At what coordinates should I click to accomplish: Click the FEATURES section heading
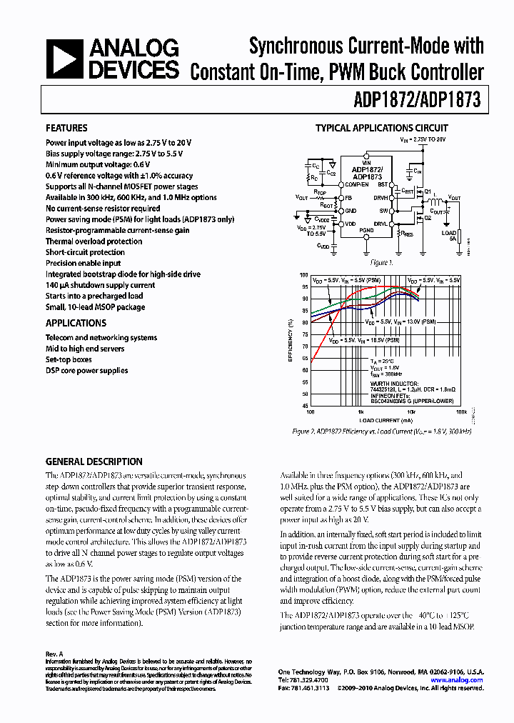click(x=66, y=129)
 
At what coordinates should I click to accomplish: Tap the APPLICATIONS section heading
click(x=76, y=323)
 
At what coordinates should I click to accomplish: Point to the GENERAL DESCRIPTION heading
click(x=94, y=462)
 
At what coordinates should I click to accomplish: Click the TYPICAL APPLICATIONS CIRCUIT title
click(x=382, y=129)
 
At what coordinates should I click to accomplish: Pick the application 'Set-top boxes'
click(x=69, y=359)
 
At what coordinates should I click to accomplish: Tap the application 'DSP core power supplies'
click(x=87, y=370)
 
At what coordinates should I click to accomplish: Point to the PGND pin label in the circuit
click(x=366, y=230)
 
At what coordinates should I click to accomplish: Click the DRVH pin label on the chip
click(x=381, y=197)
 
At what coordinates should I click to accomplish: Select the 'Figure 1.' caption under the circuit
click(x=382, y=262)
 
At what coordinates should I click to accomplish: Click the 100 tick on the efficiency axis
click(x=304, y=275)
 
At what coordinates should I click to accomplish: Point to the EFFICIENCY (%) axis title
click(x=291, y=340)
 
